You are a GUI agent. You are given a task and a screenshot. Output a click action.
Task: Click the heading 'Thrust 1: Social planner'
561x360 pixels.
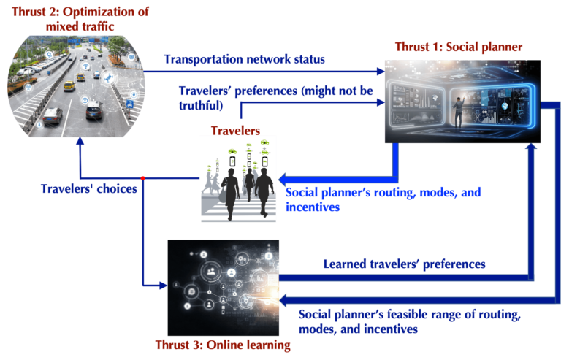coord(457,47)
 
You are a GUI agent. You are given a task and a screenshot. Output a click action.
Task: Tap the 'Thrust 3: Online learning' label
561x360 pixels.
coord(223,345)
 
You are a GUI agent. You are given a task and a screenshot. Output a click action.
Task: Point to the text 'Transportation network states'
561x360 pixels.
coord(244,59)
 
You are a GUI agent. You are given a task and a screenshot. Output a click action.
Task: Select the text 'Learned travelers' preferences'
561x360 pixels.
coord(404,263)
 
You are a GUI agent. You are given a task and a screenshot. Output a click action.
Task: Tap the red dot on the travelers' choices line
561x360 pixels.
coord(142,177)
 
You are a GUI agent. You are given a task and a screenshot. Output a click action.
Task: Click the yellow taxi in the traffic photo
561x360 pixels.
coord(69,86)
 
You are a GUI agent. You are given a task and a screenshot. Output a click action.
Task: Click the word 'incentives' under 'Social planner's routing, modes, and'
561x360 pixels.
coord(313,207)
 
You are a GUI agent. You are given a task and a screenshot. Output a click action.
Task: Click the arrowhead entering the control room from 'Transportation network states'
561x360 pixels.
coord(380,71)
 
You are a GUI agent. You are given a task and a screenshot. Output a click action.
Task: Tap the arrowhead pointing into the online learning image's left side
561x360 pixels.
coord(162,285)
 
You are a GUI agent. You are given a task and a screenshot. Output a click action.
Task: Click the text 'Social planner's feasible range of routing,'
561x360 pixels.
coord(410,315)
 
